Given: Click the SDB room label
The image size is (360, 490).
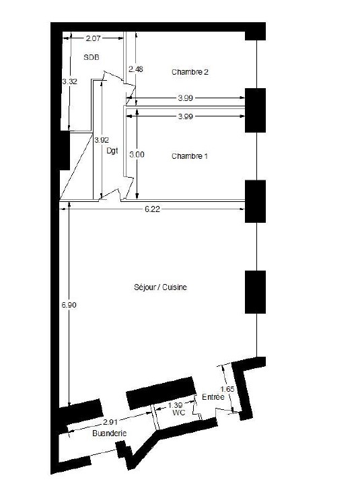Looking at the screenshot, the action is pos(92,57).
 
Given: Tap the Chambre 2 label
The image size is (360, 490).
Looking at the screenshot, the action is pos(190,72).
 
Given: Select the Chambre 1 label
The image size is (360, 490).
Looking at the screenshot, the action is pos(190,156).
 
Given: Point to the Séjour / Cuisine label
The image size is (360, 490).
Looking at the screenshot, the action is pos(160,287).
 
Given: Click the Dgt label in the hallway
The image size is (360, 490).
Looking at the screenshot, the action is pos(112,151).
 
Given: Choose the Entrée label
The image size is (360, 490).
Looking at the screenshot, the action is pos(213,397).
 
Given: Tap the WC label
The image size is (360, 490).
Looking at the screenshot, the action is pos(179,413).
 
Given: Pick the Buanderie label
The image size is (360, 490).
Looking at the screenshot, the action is pos(110,433).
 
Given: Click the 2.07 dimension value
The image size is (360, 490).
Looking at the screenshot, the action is pos(93,38).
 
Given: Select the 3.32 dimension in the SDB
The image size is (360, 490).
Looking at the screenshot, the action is pos(69,81).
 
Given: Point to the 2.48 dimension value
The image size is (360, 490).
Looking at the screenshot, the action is pos(136,69).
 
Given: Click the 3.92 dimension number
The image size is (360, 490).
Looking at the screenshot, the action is pos(102,140).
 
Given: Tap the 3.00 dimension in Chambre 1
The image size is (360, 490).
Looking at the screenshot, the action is pos(137,154).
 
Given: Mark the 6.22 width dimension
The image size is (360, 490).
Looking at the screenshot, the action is pos(152,209).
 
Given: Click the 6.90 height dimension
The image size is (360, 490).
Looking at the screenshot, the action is pos(69,305).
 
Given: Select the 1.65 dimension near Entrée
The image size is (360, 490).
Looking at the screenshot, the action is pos(227,389).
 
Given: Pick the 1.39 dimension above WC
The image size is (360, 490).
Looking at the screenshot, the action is pos(175,405).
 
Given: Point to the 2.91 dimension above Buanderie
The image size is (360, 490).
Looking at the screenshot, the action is pos(110,422).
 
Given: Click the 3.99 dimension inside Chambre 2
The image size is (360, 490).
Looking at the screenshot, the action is pos(185,98).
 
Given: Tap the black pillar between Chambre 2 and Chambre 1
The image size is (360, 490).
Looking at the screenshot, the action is pos(255,110).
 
